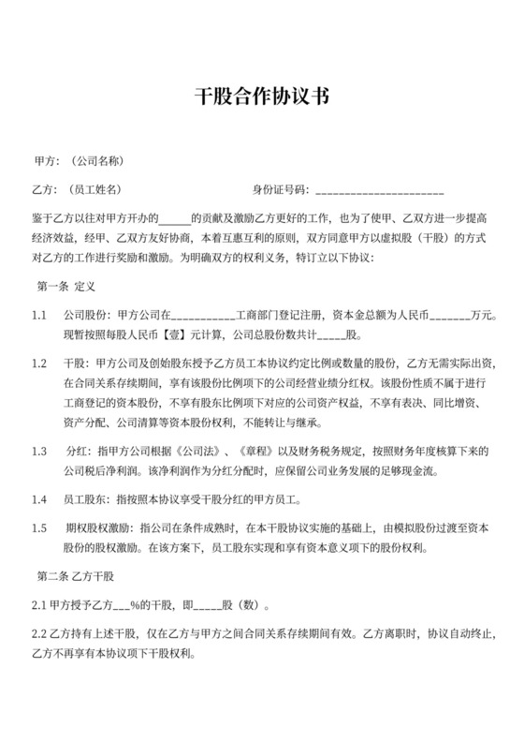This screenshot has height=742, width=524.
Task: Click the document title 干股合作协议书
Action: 262,96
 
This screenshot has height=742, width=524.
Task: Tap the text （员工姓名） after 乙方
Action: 95,188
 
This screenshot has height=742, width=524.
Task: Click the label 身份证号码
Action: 280,188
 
